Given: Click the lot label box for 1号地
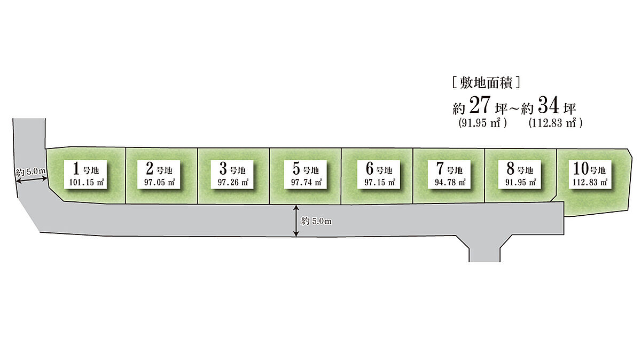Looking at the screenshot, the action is click(85, 174).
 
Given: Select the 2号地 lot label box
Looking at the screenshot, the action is click(159, 174).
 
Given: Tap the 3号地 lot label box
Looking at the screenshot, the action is click(232, 174).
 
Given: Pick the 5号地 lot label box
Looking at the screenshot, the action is click(306, 174).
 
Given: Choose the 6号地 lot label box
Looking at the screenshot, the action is click(379, 174).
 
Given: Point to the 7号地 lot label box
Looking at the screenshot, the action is click(449, 174).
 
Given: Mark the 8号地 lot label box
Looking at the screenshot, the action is click(519, 174).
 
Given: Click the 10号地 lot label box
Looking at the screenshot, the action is click(590, 174).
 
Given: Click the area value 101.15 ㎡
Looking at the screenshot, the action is click(86, 182).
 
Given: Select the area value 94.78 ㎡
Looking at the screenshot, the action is click(450, 182).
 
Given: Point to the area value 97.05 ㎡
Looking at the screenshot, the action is click(160, 182).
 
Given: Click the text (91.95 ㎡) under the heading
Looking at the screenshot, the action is click(483, 123).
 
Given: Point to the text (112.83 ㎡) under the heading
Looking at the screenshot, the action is click(556, 123).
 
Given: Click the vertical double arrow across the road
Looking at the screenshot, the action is click(296, 221).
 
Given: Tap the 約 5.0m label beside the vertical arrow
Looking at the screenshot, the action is click(316, 221).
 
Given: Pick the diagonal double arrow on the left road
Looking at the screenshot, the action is click(32, 179).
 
